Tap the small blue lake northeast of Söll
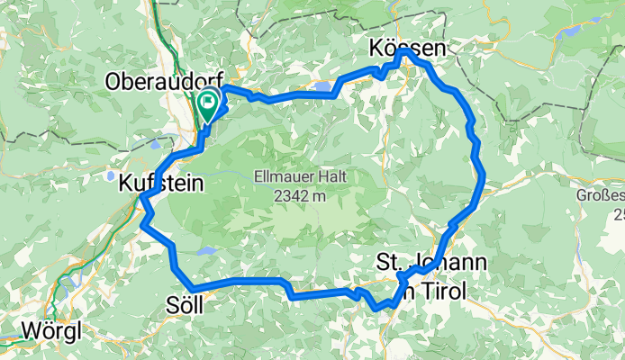click(x=205, y=252)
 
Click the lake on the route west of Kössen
click(x=322, y=86)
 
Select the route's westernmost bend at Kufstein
click(x=142, y=196)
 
